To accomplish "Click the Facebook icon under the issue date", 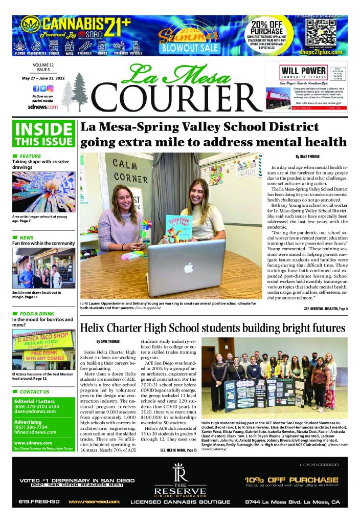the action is (x=36, y=89).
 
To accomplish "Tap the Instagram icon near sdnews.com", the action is (x=50, y=89).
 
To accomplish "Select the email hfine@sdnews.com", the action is (x=35, y=432).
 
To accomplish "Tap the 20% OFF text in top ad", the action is (x=271, y=25).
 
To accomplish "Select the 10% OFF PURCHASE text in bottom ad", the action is (x=291, y=479).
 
